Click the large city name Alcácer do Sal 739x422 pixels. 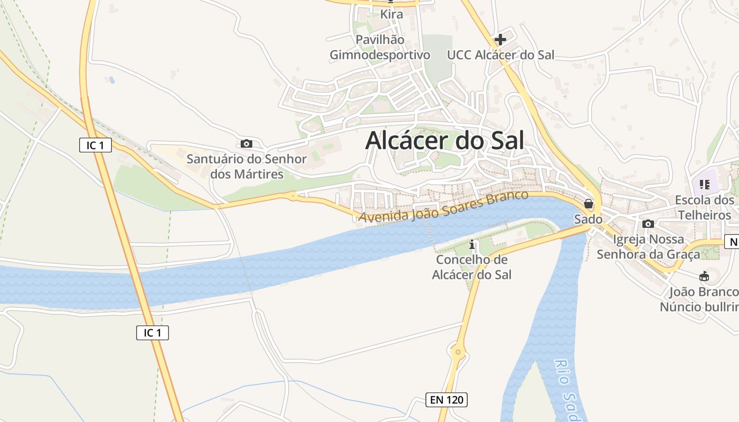coord(444,140)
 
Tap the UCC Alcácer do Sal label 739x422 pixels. coord(500,55)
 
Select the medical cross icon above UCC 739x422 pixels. coord(500,39)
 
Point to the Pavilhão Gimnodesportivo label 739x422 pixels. coord(380,47)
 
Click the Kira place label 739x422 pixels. coord(392,14)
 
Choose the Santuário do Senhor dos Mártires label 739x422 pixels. coord(247,166)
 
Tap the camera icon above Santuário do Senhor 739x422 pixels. coord(246,143)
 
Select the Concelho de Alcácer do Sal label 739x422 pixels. coord(472,267)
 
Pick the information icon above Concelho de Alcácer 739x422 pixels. coord(472,245)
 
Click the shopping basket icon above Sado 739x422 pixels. coord(589,204)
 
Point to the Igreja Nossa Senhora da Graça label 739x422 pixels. coord(648,247)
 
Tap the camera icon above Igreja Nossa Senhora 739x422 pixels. coord(648,224)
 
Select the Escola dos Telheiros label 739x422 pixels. coord(705,208)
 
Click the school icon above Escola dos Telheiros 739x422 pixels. coord(704,185)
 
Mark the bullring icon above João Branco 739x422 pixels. coord(704,276)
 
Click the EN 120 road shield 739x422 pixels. coord(447,400)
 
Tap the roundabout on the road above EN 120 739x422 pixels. coord(458,350)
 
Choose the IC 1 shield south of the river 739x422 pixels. coord(153,333)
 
